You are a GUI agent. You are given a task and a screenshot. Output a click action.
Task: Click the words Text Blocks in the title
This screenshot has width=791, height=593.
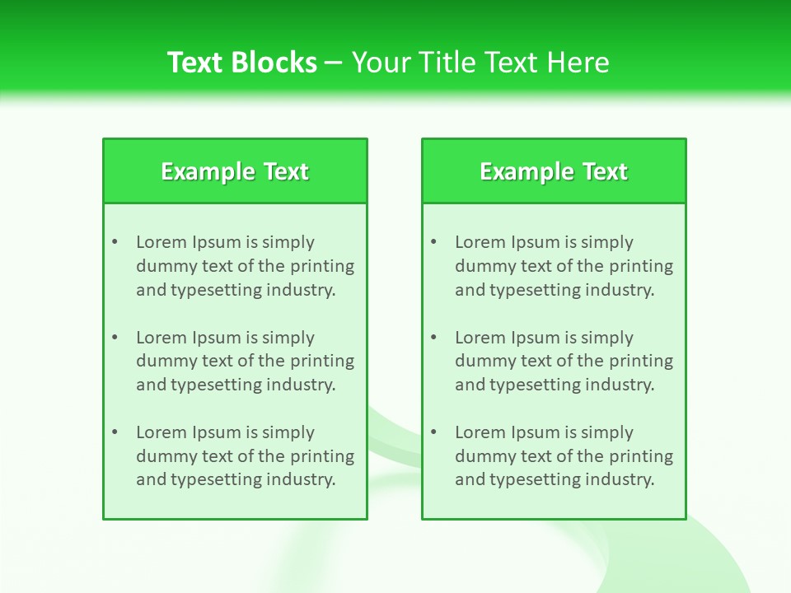click(x=241, y=63)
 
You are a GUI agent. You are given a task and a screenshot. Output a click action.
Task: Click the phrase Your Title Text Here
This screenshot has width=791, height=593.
click(x=480, y=63)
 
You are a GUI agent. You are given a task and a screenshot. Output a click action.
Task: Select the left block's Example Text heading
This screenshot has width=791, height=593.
click(x=235, y=171)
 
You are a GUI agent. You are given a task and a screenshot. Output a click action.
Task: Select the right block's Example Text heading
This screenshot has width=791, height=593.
click(x=554, y=171)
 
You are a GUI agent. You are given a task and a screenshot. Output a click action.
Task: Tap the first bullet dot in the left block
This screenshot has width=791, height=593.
click(x=115, y=242)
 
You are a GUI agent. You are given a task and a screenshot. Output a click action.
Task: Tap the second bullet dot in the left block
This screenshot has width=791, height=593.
click(x=115, y=338)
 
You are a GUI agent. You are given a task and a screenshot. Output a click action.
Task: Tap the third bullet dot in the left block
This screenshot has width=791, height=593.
click(x=115, y=432)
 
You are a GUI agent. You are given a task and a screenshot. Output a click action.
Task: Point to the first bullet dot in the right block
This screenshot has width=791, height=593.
click(x=433, y=242)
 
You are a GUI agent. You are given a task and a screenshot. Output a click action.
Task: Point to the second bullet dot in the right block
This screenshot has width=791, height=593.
click(x=433, y=338)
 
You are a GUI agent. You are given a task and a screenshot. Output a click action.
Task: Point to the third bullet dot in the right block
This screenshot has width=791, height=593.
click(x=433, y=432)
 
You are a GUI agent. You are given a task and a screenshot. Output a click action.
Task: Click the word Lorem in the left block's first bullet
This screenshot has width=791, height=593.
click(x=161, y=242)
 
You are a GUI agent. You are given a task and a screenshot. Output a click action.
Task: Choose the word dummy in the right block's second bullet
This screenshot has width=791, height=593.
click(x=482, y=361)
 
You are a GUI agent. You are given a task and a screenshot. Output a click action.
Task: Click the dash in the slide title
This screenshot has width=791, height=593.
click(x=334, y=63)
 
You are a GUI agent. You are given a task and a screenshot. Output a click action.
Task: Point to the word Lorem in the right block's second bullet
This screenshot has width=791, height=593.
click(x=480, y=338)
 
